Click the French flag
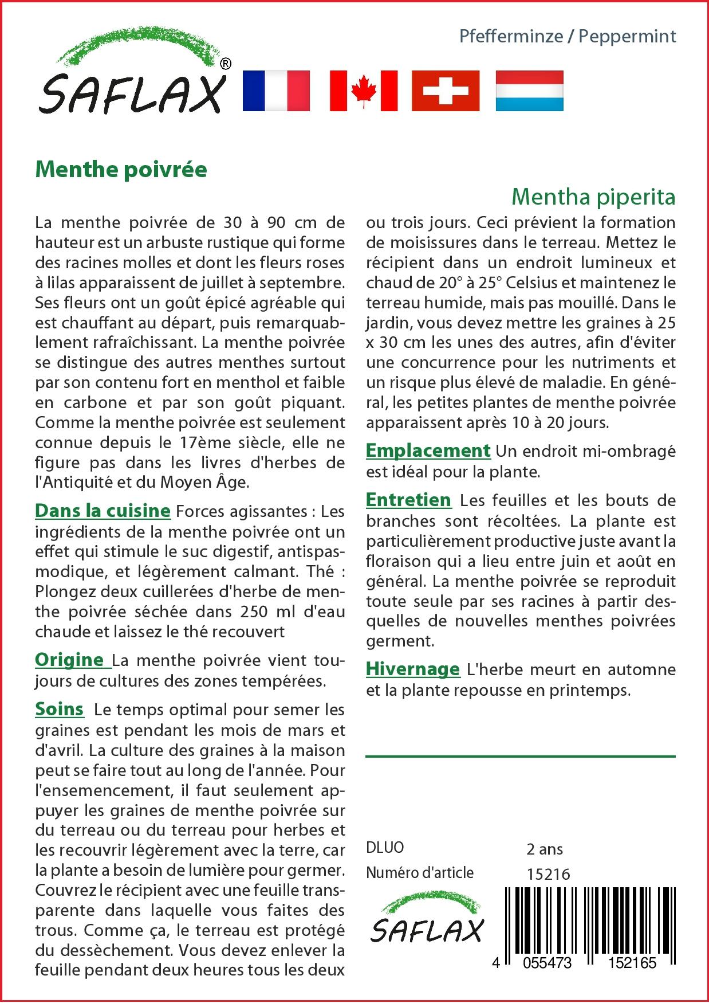tap(276, 91)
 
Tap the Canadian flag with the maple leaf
tap(363, 91)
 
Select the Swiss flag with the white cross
tap(446, 91)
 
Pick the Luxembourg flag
tap(529, 91)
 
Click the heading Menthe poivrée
tap(121, 170)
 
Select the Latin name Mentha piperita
tap(593, 197)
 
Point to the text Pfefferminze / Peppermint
tap(568, 36)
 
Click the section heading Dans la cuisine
tap(103, 510)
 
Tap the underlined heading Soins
tap(60, 709)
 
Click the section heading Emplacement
tap(428, 450)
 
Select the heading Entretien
tap(408, 500)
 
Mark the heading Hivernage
tap(413, 668)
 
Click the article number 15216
tap(547, 874)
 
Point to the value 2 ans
tap(544, 849)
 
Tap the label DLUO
tap(385, 848)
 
